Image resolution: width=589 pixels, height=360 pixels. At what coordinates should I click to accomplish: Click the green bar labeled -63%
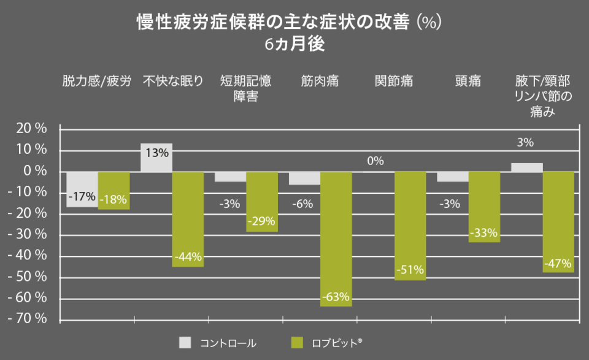tap(336, 239)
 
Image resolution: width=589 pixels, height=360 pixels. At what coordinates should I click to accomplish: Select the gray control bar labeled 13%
tap(156, 158)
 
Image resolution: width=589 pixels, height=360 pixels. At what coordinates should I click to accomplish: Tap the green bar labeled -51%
tap(410, 226)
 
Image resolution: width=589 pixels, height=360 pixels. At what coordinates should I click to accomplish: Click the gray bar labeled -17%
tap(82, 189)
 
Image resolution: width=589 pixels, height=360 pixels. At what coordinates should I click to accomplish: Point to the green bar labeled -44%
tap(188, 219)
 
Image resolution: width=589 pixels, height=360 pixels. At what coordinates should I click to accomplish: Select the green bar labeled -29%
tap(262, 202)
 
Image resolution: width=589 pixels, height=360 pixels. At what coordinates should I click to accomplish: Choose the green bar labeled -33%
tap(484, 207)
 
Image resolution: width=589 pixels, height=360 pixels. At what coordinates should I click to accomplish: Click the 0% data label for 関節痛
tap(375, 161)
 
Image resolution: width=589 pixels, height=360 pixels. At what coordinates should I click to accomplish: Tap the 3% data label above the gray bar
tap(525, 143)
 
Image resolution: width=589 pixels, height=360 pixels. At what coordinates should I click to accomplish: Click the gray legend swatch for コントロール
tap(186, 342)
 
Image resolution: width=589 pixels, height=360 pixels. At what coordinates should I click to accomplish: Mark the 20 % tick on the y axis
tap(31, 129)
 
